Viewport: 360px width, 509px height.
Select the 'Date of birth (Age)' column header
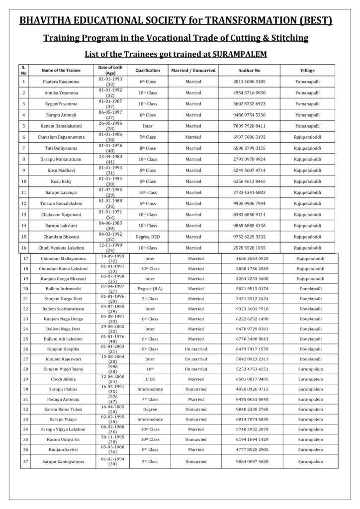pyautogui.click(x=110, y=70)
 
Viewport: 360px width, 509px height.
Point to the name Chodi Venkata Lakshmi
pyautogui.click(x=62, y=248)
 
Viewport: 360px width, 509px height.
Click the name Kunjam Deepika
pyautogui.click(x=63, y=349)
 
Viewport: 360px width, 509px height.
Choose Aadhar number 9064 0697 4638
pyautogui.click(x=253, y=461)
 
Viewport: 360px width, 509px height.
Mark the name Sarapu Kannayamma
pyautogui.click(x=63, y=461)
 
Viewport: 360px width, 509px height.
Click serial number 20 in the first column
pyautogui.click(x=25, y=288)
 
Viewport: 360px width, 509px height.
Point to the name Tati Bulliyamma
pyautogui.click(x=62, y=148)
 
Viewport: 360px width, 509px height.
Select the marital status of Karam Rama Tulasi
pyautogui.click(x=196, y=409)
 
